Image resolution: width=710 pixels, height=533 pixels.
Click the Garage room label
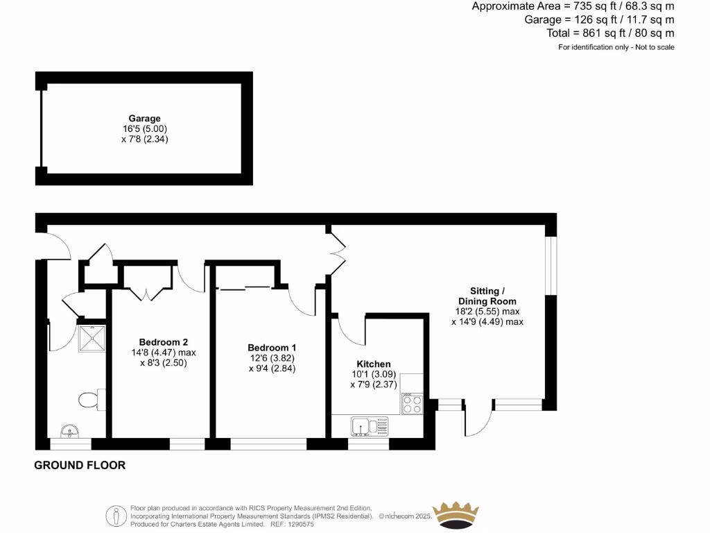coord(144,119)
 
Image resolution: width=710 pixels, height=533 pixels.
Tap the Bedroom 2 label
coord(164,342)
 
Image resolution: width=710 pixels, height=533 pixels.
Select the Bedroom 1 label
coord(272,348)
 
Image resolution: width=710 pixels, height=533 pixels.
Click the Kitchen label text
coord(374,364)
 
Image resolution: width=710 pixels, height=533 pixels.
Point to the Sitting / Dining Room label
coord(493,296)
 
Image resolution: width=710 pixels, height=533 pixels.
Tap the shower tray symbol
coord(92,337)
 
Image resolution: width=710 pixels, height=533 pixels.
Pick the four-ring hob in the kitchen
coord(412,404)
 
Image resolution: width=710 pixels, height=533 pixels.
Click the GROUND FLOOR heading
coord(80,465)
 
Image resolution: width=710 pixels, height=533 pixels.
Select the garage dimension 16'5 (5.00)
coord(144,129)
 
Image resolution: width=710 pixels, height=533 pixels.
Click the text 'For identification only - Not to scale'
coord(616,47)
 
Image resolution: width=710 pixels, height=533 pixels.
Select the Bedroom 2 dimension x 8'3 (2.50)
coord(164,363)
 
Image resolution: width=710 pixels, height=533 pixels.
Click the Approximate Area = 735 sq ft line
coord(573,6)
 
